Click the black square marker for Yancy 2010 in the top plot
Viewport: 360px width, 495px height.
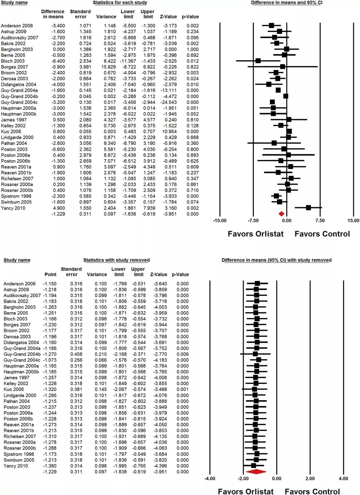[308, 208]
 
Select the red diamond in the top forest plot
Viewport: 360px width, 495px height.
[281, 214]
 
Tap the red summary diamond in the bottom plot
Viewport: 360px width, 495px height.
[256, 472]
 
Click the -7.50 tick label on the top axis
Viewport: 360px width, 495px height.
[253, 221]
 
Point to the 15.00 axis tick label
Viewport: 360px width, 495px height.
[353, 221]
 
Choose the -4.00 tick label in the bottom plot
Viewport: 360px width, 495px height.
[210, 479]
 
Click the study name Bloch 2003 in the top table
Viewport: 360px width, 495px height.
[13, 61]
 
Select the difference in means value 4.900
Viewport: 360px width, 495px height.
[58, 208]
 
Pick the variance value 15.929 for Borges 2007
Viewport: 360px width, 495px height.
[109, 67]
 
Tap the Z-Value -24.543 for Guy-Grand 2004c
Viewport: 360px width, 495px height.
[168, 102]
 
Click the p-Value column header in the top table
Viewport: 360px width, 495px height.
[190, 17]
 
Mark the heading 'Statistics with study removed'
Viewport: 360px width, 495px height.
[116, 260]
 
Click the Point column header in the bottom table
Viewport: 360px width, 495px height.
[50, 274]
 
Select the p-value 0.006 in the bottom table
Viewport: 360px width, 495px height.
[183, 354]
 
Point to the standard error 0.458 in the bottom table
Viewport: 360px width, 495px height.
[76, 354]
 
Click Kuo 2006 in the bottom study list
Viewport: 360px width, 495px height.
[14, 389]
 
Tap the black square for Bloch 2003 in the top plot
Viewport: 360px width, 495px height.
[258, 61]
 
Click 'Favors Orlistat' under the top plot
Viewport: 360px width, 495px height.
[255, 234]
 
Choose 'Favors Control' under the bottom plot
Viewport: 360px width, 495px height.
[312, 491]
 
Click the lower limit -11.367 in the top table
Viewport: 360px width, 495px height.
[128, 61]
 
